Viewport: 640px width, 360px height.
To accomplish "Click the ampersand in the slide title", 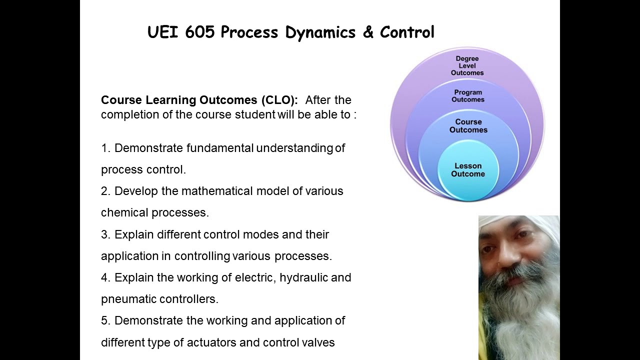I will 367,32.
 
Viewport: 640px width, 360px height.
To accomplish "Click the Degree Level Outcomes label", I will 467,66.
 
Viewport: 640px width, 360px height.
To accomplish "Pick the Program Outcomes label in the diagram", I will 468,96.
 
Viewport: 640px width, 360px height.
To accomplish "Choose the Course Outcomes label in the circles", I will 468,126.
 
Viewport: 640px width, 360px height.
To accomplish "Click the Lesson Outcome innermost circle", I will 468,170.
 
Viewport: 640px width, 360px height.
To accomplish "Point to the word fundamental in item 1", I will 220,148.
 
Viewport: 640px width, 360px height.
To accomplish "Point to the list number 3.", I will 104,234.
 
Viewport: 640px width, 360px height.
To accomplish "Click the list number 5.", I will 104,320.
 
